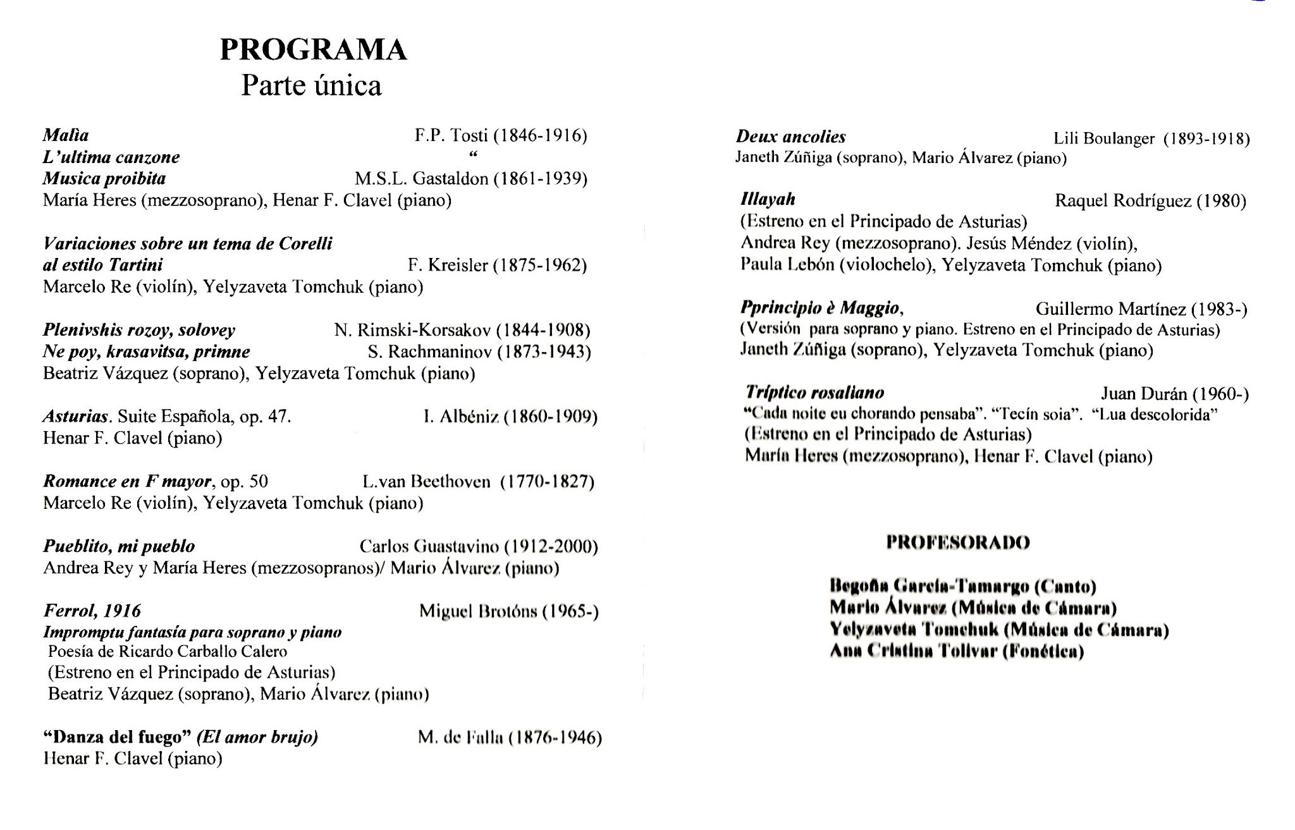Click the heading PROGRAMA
(x=313, y=50)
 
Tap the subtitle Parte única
(x=311, y=86)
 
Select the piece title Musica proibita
(x=104, y=178)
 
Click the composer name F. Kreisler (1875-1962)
(x=497, y=265)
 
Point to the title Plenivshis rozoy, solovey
(x=139, y=330)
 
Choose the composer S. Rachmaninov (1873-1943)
(x=479, y=351)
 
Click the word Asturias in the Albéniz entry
(x=76, y=417)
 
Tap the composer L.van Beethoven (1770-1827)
(x=478, y=482)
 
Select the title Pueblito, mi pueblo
(x=119, y=546)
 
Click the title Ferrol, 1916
(x=92, y=611)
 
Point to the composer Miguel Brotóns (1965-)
(x=508, y=611)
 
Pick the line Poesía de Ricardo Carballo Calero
(x=168, y=652)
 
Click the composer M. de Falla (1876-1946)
(x=510, y=738)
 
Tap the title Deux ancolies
(x=790, y=137)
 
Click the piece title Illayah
(x=768, y=200)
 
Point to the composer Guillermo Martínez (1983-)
(x=1141, y=309)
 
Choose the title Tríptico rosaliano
(x=815, y=393)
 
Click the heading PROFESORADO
(x=957, y=542)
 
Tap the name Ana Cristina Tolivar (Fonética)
(x=957, y=651)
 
